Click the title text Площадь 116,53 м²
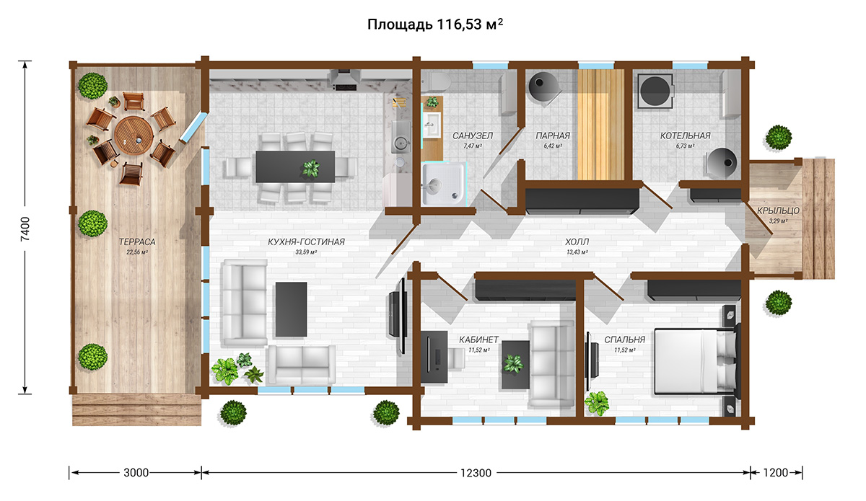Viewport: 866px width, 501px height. pyautogui.click(x=435, y=24)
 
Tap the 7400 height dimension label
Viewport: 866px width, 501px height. pyautogui.click(x=25, y=229)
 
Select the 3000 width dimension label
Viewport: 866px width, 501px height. pyautogui.click(x=136, y=472)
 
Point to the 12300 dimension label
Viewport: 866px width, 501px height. pyautogui.click(x=476, y=472)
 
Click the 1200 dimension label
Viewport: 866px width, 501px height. pyautogui.click(x=776, y=472)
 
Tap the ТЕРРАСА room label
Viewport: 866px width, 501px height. pyautogui.click(x=137, y=241)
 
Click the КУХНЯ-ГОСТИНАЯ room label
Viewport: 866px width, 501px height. pyautogui.click(x=306, y=241)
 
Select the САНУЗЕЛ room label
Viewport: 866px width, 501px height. pyautogui.click(x=473, y=136)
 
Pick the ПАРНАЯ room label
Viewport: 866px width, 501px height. pyautogui.click(x=553, y=136)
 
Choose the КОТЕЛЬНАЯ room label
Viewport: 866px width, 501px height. pyautogui.click(x=685, y=136)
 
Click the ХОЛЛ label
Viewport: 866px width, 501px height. pyautogui.click(x=577, y=241)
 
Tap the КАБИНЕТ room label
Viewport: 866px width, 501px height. pyautogui.click(x=478, y=340)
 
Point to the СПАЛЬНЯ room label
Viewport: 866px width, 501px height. pyautogui.click(x=625, y=340)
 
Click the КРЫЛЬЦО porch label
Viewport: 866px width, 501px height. pyautogui.click(x=778, y=210)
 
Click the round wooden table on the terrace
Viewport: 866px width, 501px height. pyautogui.click(x=134, y=136)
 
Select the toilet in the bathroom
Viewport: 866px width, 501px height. pyautogui.click(x=436, y=82)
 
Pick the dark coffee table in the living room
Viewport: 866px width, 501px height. pyautogui.click(x=291, y=309)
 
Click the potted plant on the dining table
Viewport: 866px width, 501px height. pyautogui.click(x=311, y=168)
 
